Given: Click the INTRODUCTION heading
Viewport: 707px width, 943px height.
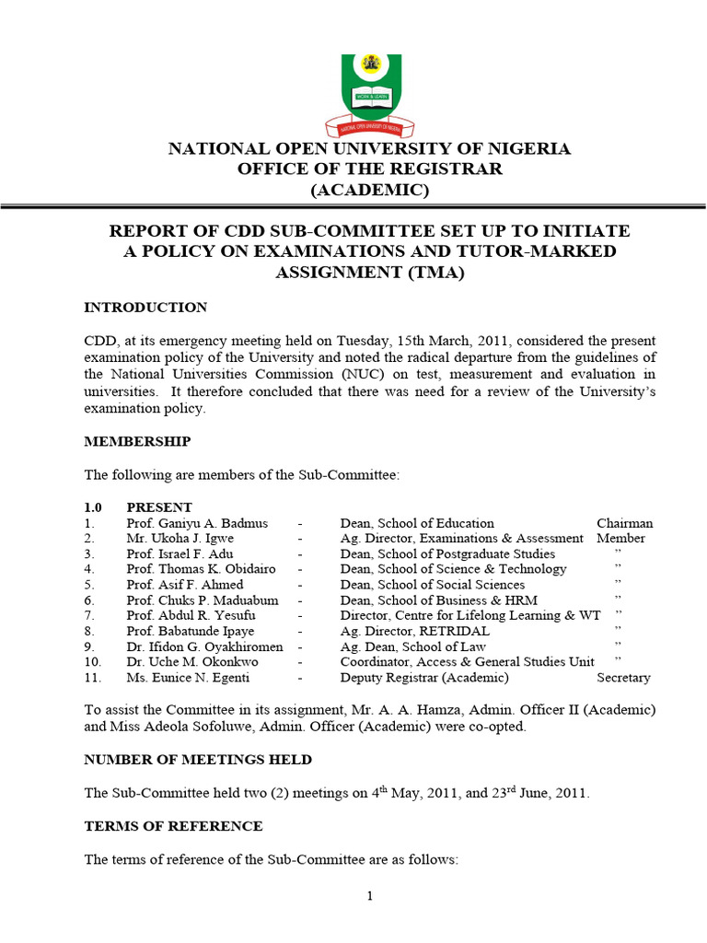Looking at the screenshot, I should pos(145,308).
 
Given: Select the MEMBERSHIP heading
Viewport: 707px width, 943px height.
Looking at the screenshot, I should pos(137,441).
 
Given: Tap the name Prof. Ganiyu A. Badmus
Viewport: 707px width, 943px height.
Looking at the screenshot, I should pos(196,523).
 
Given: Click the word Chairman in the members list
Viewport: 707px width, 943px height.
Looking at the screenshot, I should pos(624,523).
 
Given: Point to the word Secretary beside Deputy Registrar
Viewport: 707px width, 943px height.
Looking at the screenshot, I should pos(623,678).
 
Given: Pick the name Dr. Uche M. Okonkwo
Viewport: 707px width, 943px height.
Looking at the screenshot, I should pos(192,662).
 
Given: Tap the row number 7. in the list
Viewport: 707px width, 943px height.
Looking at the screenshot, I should pos(89,615).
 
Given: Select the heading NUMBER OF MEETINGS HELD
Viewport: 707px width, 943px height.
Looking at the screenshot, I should pos(198,760).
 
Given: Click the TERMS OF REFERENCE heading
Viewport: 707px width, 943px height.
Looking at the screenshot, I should pos(173,826).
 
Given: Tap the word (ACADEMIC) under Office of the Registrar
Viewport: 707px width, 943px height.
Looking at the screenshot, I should pos(369,191).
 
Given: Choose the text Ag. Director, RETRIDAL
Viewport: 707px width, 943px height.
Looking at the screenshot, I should pos(414,631).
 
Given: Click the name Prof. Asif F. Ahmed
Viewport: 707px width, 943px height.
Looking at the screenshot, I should pos(186,585).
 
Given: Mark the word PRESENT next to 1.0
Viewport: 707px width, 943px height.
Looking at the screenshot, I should pos(159,507).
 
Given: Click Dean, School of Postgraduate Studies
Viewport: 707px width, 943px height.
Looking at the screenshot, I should pos(447,553).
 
